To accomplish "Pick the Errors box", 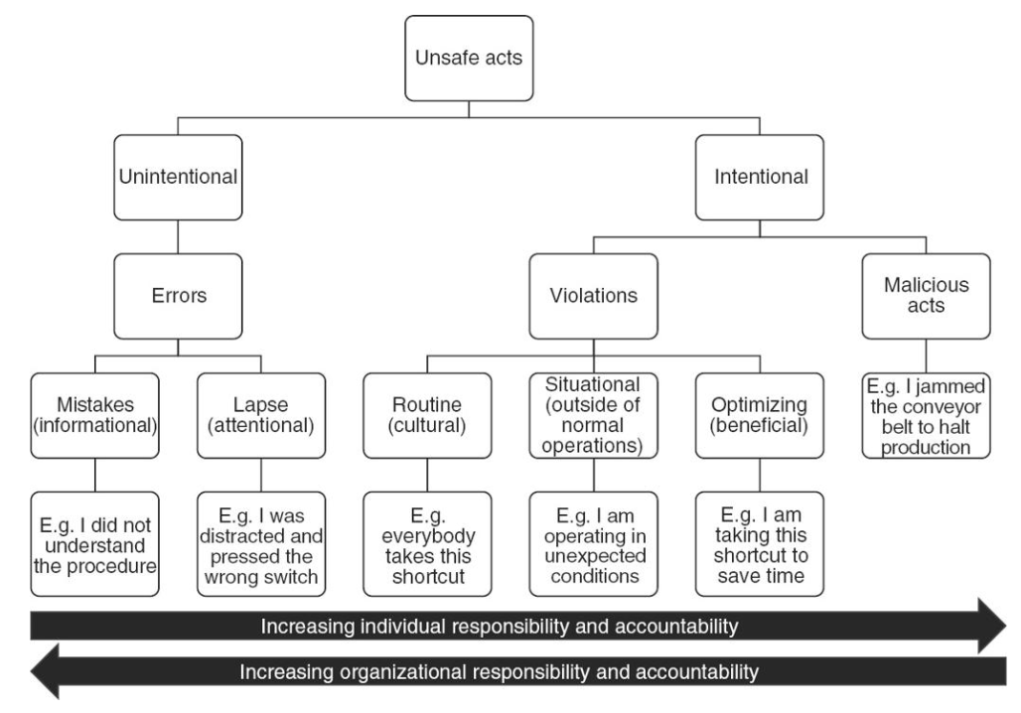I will (x=177, y=297).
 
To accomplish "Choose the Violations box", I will (x=593, y=297).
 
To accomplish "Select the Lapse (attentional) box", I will (x=260, y=414).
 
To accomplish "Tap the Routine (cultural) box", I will (x=427, y=414).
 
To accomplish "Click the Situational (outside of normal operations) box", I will (x=593, y=414).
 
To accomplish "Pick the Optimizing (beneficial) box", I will (x=760, y=414).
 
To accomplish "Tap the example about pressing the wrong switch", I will (x=260, y=542).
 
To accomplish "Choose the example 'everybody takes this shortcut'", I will (x=427, y=542).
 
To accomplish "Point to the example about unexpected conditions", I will (x=593, y=542).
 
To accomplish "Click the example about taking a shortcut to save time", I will (x=760, y=542).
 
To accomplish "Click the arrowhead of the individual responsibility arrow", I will (x=993, y=626).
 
